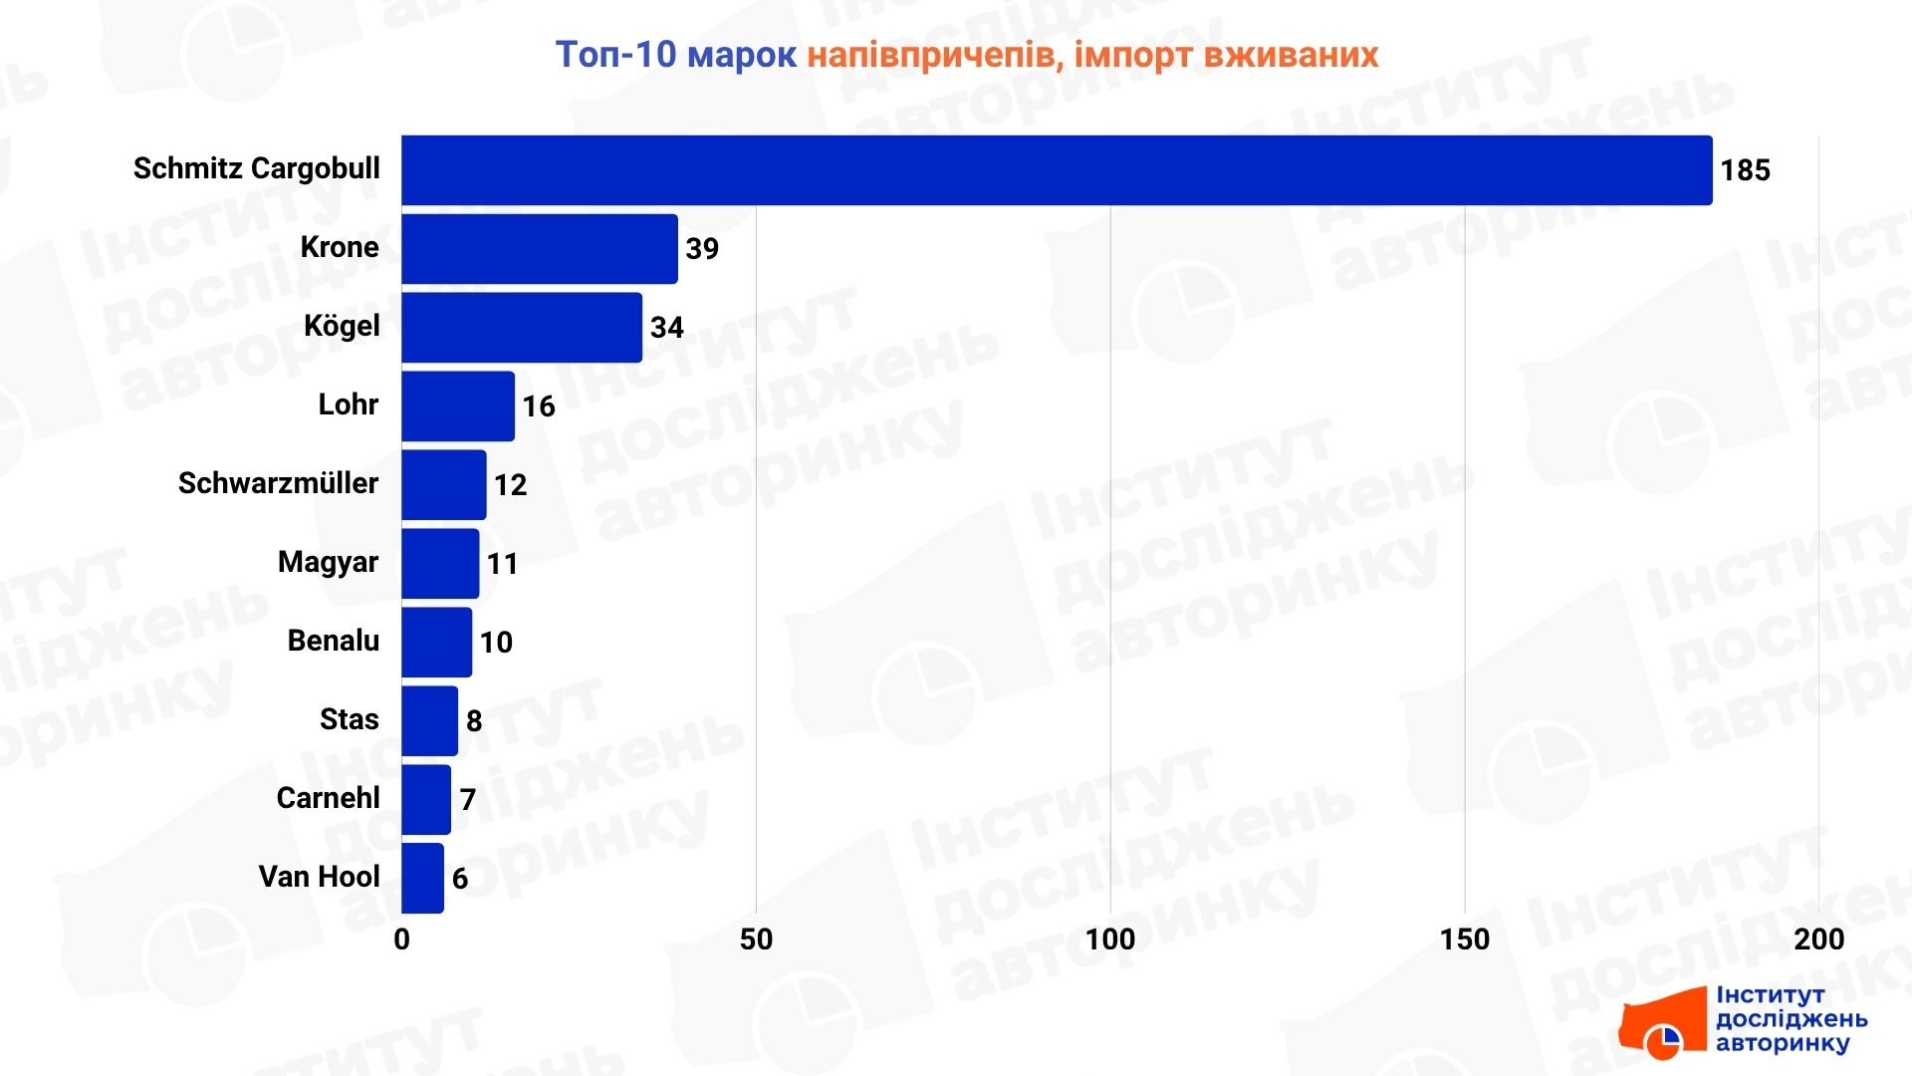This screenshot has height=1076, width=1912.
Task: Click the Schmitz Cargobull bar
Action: click(1056, 170)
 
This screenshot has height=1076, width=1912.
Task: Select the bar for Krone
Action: click(539, 249)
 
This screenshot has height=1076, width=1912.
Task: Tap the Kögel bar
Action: click(521, 328)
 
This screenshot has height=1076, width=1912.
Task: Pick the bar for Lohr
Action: click(457, 406)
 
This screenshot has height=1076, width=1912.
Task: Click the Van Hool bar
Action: click(422, 879)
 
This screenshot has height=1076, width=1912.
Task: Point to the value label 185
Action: click(1745, 170)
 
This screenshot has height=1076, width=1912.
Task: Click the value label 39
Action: click(702, 249)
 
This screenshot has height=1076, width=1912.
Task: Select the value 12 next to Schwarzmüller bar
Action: click(510, 485)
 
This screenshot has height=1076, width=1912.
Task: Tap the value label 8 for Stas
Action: click(474, 721)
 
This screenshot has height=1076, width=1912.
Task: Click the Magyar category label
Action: click(328, 563)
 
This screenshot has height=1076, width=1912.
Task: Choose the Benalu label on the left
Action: click(333, 641)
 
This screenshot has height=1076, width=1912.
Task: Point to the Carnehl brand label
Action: click(328, 798)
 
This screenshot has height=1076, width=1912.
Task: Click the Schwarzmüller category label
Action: click(278, 484)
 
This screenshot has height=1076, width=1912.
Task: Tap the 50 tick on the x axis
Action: click(756, 940)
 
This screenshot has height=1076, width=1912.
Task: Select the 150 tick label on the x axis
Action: click(1464, 940)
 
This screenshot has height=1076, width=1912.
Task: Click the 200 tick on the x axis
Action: click(1818, 940)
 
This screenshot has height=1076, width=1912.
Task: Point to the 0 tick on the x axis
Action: click(401, 940)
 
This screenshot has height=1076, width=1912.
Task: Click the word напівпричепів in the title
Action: click(930, 56)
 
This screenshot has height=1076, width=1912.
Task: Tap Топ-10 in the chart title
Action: click(615, 55)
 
